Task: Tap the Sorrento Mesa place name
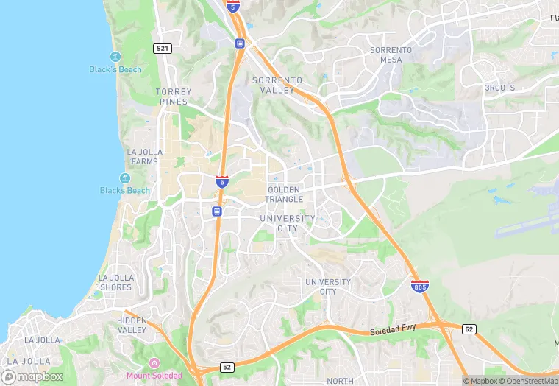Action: tap(391, 55)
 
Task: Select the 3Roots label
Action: tap(499, 88)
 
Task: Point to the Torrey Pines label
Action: tap(174, 96)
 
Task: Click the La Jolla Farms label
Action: tap(143, 157)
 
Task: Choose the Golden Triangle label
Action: tap(285, 194)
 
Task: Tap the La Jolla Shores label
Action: tap(115, 282)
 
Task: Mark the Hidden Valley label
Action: tap(132, 326)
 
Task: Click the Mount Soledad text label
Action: tap(154, 375)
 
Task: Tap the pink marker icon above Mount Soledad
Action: tap(154, 363)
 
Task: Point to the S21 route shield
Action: tap(163, 48)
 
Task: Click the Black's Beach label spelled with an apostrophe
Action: tap(115, 70)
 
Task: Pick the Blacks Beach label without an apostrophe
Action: tap(125, 190)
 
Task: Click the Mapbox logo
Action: tap(32, 376)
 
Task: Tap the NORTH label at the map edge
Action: tap(340, 381)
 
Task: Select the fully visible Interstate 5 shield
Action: tap(221, 181)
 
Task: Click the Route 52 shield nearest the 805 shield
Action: tap(469, 329)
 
